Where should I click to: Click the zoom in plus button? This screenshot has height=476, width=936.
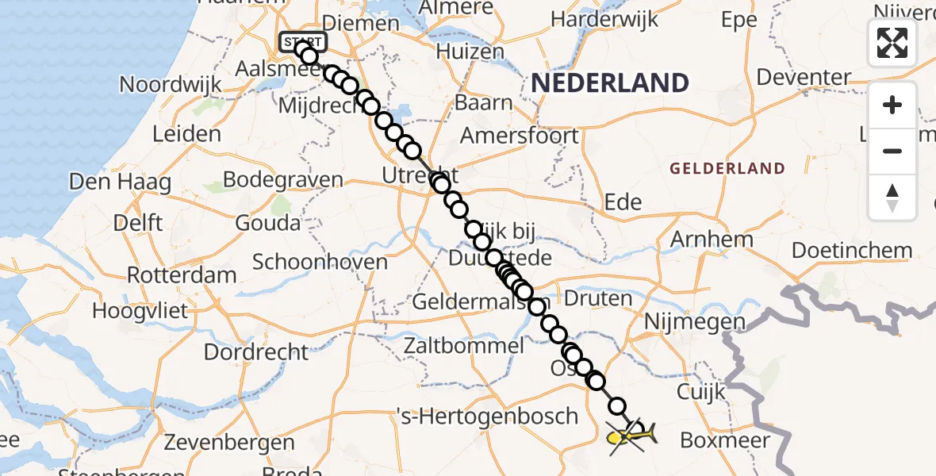[892, 106]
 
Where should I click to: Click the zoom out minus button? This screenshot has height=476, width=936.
[892, 151]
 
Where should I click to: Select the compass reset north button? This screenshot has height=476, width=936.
[892, 197]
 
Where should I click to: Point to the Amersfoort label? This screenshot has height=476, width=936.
[520, 136]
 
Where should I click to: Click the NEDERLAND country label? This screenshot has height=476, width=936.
[609, 83]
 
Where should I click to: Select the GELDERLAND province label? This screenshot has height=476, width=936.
[727, 169]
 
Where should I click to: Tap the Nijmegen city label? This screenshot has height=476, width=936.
[695, 322]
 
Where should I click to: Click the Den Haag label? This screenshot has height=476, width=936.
[120, 182]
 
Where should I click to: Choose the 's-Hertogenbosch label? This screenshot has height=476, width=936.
[487, 416]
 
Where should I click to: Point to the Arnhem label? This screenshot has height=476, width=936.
[712, 239]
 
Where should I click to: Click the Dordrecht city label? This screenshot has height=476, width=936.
[256, 351]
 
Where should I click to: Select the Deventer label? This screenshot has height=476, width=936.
[804, 78]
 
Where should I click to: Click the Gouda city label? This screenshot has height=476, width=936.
[266, 222]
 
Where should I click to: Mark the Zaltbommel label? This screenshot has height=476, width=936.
[464, 346]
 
